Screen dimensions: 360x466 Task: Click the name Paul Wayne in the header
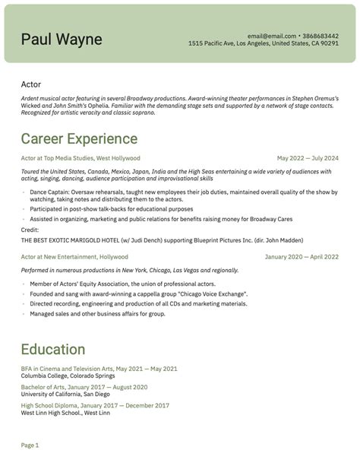pyautogui.click(x=62, y=39)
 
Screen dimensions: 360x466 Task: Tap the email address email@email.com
pyautogui.click(x=271, y=36)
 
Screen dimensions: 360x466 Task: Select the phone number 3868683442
pyautogui.click(x=321, y=36)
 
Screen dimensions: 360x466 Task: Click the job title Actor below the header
pyautogui.click(x=31, y=84)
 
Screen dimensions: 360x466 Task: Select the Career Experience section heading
pyautogui.click(x=79, y=138)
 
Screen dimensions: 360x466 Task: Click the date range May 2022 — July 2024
pyautogui.click(x=308, y=158)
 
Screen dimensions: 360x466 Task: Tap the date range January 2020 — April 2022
pyautogui.click(x=302, y=257)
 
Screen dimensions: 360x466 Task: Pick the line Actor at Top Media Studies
pyautogui.click(x=81, y=158)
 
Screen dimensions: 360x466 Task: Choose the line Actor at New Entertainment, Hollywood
pyautogui.click(x=74, y=257)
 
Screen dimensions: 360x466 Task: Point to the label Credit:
pyautogui.click(x=30, y=229)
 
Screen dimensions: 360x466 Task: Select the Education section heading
pyautogui.click(x=53, y=350)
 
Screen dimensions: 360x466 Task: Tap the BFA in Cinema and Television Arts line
pyautogui.click(x=99, y=369)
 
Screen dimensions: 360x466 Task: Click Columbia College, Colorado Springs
pyautogui.click(x=69, y=376)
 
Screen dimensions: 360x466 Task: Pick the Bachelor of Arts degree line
pyautogui.click(x=84, y=387)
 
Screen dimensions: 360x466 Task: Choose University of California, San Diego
pyautogui.click(x=65, y=394)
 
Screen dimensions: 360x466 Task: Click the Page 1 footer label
pyautogui.click(x=30, y=445)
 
